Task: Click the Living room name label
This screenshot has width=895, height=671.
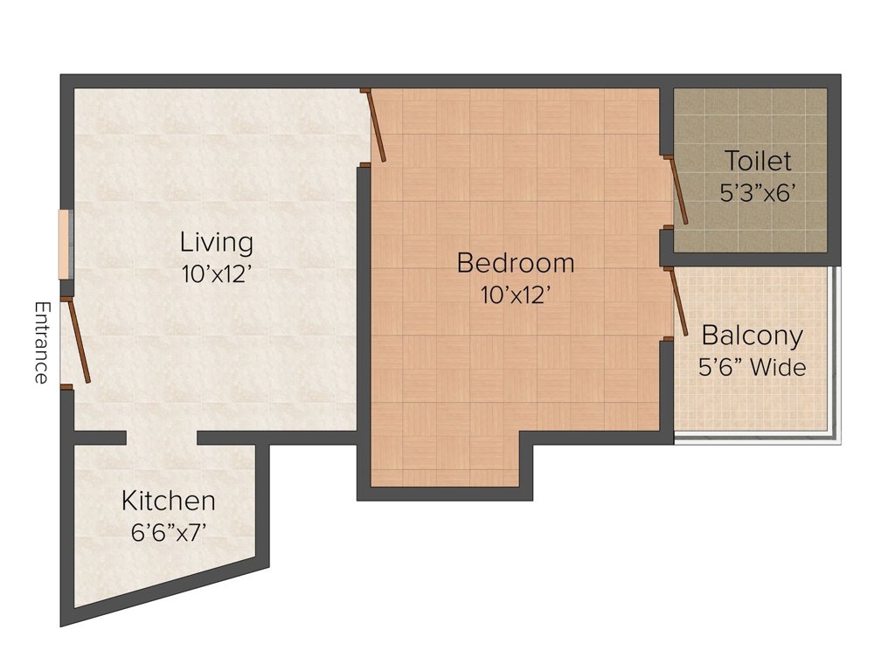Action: coord(217,243)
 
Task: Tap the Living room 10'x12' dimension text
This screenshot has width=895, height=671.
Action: coord(217,274)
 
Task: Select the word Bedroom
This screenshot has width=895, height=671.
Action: coord(516,263)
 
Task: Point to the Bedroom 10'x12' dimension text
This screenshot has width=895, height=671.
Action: coord(516,295)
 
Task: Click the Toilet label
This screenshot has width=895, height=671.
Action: coord(758,161)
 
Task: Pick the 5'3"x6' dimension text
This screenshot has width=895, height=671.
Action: coord(758,193)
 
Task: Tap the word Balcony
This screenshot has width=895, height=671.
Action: coord(753,335)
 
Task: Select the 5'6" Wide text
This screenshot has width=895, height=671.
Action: coord(753,367)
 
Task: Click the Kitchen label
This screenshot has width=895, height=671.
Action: coord(169,501)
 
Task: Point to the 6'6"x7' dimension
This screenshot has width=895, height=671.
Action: coord(169,533)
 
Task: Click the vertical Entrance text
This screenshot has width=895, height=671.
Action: coord(42,342)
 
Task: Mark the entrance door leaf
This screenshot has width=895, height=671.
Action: coord(79,341)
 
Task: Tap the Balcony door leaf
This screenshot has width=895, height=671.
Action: coord(678,301)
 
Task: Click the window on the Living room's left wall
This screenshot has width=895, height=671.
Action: coord(66,245)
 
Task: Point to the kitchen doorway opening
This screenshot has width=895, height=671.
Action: coord(162,438)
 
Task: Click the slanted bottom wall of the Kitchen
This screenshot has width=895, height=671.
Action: coord(164,596)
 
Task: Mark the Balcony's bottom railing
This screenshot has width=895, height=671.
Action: coord(758,439)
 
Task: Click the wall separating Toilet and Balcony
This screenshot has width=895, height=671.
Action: coord(751,259)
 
